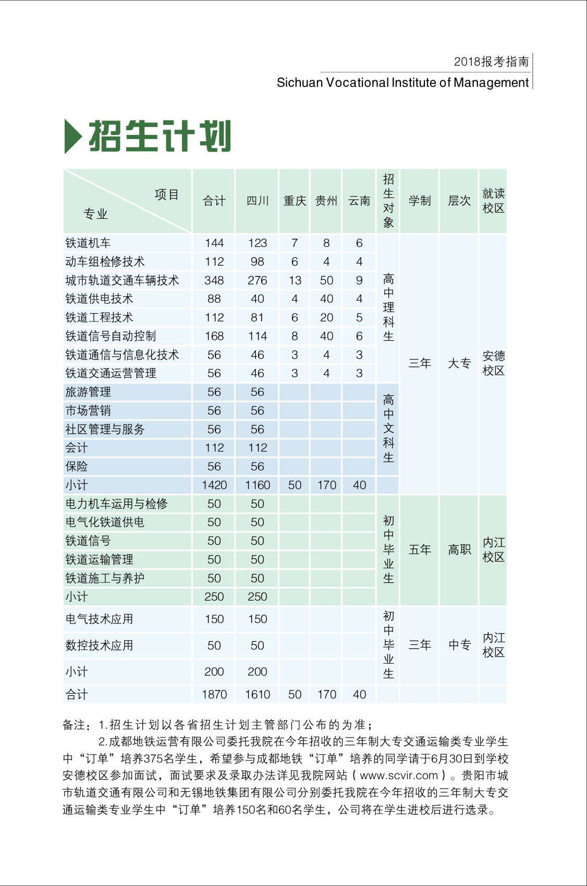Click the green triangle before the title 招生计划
[72, 136]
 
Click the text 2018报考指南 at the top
[491, 61]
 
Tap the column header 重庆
[295, 201]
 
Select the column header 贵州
[326, 201]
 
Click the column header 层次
[459, 201]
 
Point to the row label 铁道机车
[88, 243]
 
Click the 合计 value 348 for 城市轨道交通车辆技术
[214, 280]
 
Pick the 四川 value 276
[258, 280]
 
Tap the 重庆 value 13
[295, 280]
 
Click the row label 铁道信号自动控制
[111, 336]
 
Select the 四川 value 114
[258, 336]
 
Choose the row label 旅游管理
[88, 392]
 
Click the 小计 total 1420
[214, 485]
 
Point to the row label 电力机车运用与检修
[117, 504]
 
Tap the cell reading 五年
[420, 550]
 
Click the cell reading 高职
[459, 550]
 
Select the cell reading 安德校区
[493, 363]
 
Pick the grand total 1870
[214, 694]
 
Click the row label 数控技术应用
[99, 646]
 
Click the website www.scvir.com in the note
[399, 775]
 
